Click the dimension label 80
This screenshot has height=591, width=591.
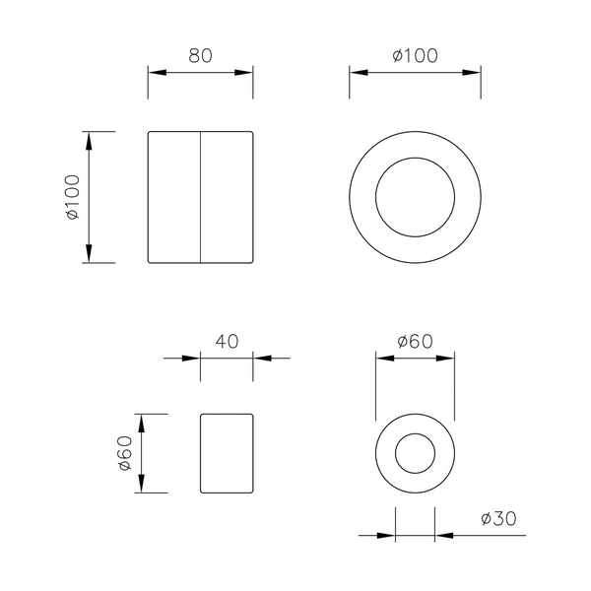pyautogui.click(x=201, y=55)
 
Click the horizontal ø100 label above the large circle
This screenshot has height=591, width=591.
pyautogui.click(x=415, y=55)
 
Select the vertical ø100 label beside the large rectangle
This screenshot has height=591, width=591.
pyautogui.click(x=73, y=197)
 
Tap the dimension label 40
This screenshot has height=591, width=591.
pyautogui.click(x=227, y=341)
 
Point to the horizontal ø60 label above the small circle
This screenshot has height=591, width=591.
pyautogui.click(x=415, y=341)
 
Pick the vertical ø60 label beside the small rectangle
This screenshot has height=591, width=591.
pyautogui.click(x=125, y=453)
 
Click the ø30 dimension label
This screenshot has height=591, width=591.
pyautogui.click(x=498, y=519)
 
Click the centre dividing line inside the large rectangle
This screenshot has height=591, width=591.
pyautogui.click(x=200, y=197)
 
